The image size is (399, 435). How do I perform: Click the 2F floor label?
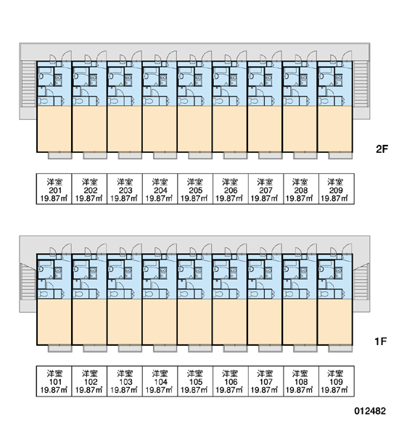click(x=382, y=149)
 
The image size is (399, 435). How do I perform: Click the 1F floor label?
click(x=381, y=341)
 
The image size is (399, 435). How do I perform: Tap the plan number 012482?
click(x=370, y=411)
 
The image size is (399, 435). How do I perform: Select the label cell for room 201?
click(x=54, y=189)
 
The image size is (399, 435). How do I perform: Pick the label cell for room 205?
click(x=195, y=189)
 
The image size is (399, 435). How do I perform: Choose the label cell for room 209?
click(x=337, y=189)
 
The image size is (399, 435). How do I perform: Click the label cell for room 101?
click(x=54, y=381)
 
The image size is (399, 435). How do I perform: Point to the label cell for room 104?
click(x=160, y=381)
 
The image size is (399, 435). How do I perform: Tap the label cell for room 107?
click(x=266, y=381)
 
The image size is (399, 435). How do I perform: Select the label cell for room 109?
click(x=337, y=381)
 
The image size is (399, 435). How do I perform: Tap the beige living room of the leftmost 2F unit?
click(x=54, y=129)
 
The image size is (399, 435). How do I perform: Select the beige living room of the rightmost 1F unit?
click(x=335, y=322)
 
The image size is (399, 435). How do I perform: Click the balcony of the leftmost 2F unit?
click(x=60, y=155)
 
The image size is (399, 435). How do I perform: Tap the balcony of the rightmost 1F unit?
click(x=340, y=349)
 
